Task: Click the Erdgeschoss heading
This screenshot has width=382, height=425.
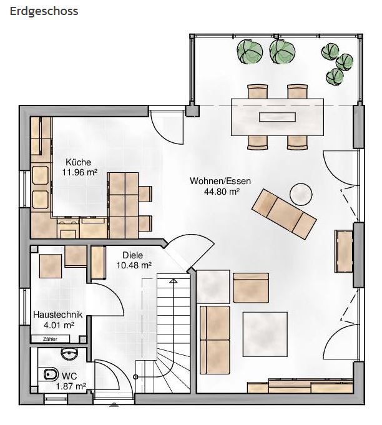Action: (44, 12)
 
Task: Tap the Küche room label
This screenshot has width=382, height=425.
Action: (79, 162)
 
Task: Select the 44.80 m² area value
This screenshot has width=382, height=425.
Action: (222, 192)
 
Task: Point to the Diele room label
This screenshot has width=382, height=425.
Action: (132, 255)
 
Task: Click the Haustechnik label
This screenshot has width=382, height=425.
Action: (58, 315)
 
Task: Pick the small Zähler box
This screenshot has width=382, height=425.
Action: (51, 339)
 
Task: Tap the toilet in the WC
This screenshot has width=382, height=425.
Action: (51, 375)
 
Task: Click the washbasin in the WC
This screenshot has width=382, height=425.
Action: (70, 354)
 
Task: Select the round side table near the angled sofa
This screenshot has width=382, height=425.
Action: (301, 194)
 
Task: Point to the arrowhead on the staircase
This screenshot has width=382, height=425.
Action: (173, 281)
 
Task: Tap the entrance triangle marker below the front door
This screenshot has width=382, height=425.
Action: (114, 405)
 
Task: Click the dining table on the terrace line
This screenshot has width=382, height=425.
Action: (277, 117)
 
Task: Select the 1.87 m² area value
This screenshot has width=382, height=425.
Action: (71, 386)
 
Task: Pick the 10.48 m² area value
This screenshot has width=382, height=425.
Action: (134, 265)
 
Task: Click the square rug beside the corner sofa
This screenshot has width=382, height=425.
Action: (265, 335)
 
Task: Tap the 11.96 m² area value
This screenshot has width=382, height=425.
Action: (80, 172)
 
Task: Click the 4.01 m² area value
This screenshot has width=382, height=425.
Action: (59, 325)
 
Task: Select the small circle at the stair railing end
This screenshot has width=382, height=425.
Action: (135, 377)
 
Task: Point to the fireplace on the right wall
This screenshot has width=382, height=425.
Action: (344, 251)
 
